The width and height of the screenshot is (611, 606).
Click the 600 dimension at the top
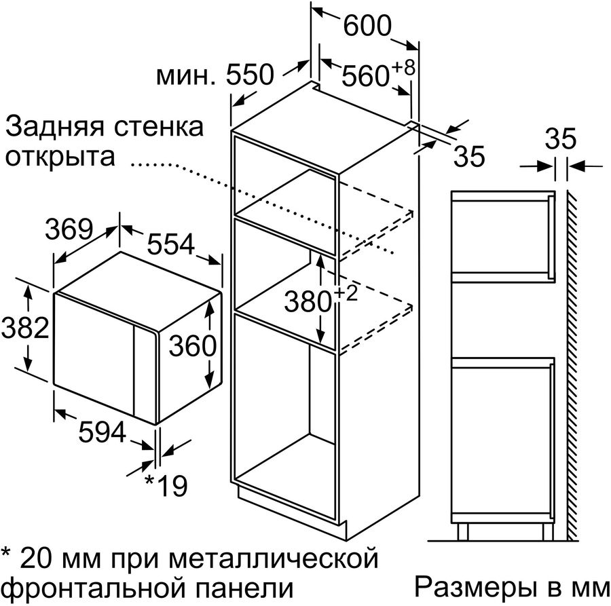tap(367, 26)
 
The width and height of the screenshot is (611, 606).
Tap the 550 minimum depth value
tap(251, 75)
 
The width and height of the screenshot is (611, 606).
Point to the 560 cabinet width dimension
tap(365, 75)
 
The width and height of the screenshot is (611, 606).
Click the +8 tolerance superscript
tap(403, 68)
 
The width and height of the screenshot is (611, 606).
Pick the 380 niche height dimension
tap(308, 302)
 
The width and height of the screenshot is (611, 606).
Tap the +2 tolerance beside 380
tap(346, 293)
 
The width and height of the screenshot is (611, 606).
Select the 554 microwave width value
tap(170, 244)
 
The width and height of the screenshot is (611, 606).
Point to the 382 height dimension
tap(25, 328)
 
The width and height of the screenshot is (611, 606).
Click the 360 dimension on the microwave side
tap(193, 346)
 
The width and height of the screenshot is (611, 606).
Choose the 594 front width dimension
tap(102, 432)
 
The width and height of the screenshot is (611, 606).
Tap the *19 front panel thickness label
tap(166, 486)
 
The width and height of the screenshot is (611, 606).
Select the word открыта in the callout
tap(60, 157)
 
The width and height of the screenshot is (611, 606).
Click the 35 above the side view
tap(560, 138)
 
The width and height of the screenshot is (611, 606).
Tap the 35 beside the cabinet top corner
tap(470, 156)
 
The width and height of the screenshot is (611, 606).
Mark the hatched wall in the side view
tap(572, 365)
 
